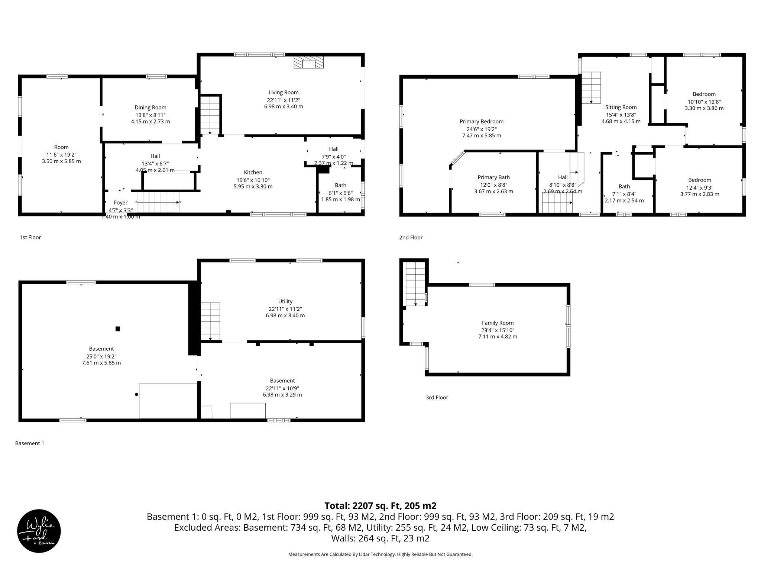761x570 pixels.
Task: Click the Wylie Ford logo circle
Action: pyautogui.click(x=39, y=531)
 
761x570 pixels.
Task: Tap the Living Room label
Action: pyautogui.click(x=284, y=92)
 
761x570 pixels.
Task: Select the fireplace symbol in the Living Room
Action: pyautogui.click(x=308, y=62)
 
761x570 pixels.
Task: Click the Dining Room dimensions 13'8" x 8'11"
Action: pyautogui.click(x=150, y=115)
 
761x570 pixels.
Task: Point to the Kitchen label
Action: pyautogui.click(x=253, y=172)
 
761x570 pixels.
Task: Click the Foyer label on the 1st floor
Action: pyautogui.click(x=120, y=203)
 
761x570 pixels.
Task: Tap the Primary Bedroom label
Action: pyautogui.click(x=481, y=121)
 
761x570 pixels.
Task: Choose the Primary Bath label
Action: pyautogui.click(x=493, y=177)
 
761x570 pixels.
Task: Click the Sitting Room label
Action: pyautogui.click(x=621, y=107)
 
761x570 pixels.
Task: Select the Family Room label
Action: pyautogui.click(x=498, y=323)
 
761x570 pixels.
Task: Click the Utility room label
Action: pyautogui.click(x=285, y=301)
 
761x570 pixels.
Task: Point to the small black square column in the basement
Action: pyautogui.click(x=118, y=328)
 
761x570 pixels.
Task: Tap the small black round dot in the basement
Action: pyautogui.click(x=137, y=395)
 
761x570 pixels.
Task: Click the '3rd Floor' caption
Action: pyautogui.click(x=437, y=397)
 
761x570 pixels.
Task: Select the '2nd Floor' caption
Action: pyautogui.click(x=411, y=237)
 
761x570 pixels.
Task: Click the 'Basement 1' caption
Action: pyautogui.click(x=29, y=443)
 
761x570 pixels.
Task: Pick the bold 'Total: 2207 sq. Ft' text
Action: pyautogui.click(x=380, y=505)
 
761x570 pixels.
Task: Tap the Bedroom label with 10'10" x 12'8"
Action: pyautogui.click(x=704, y=94)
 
